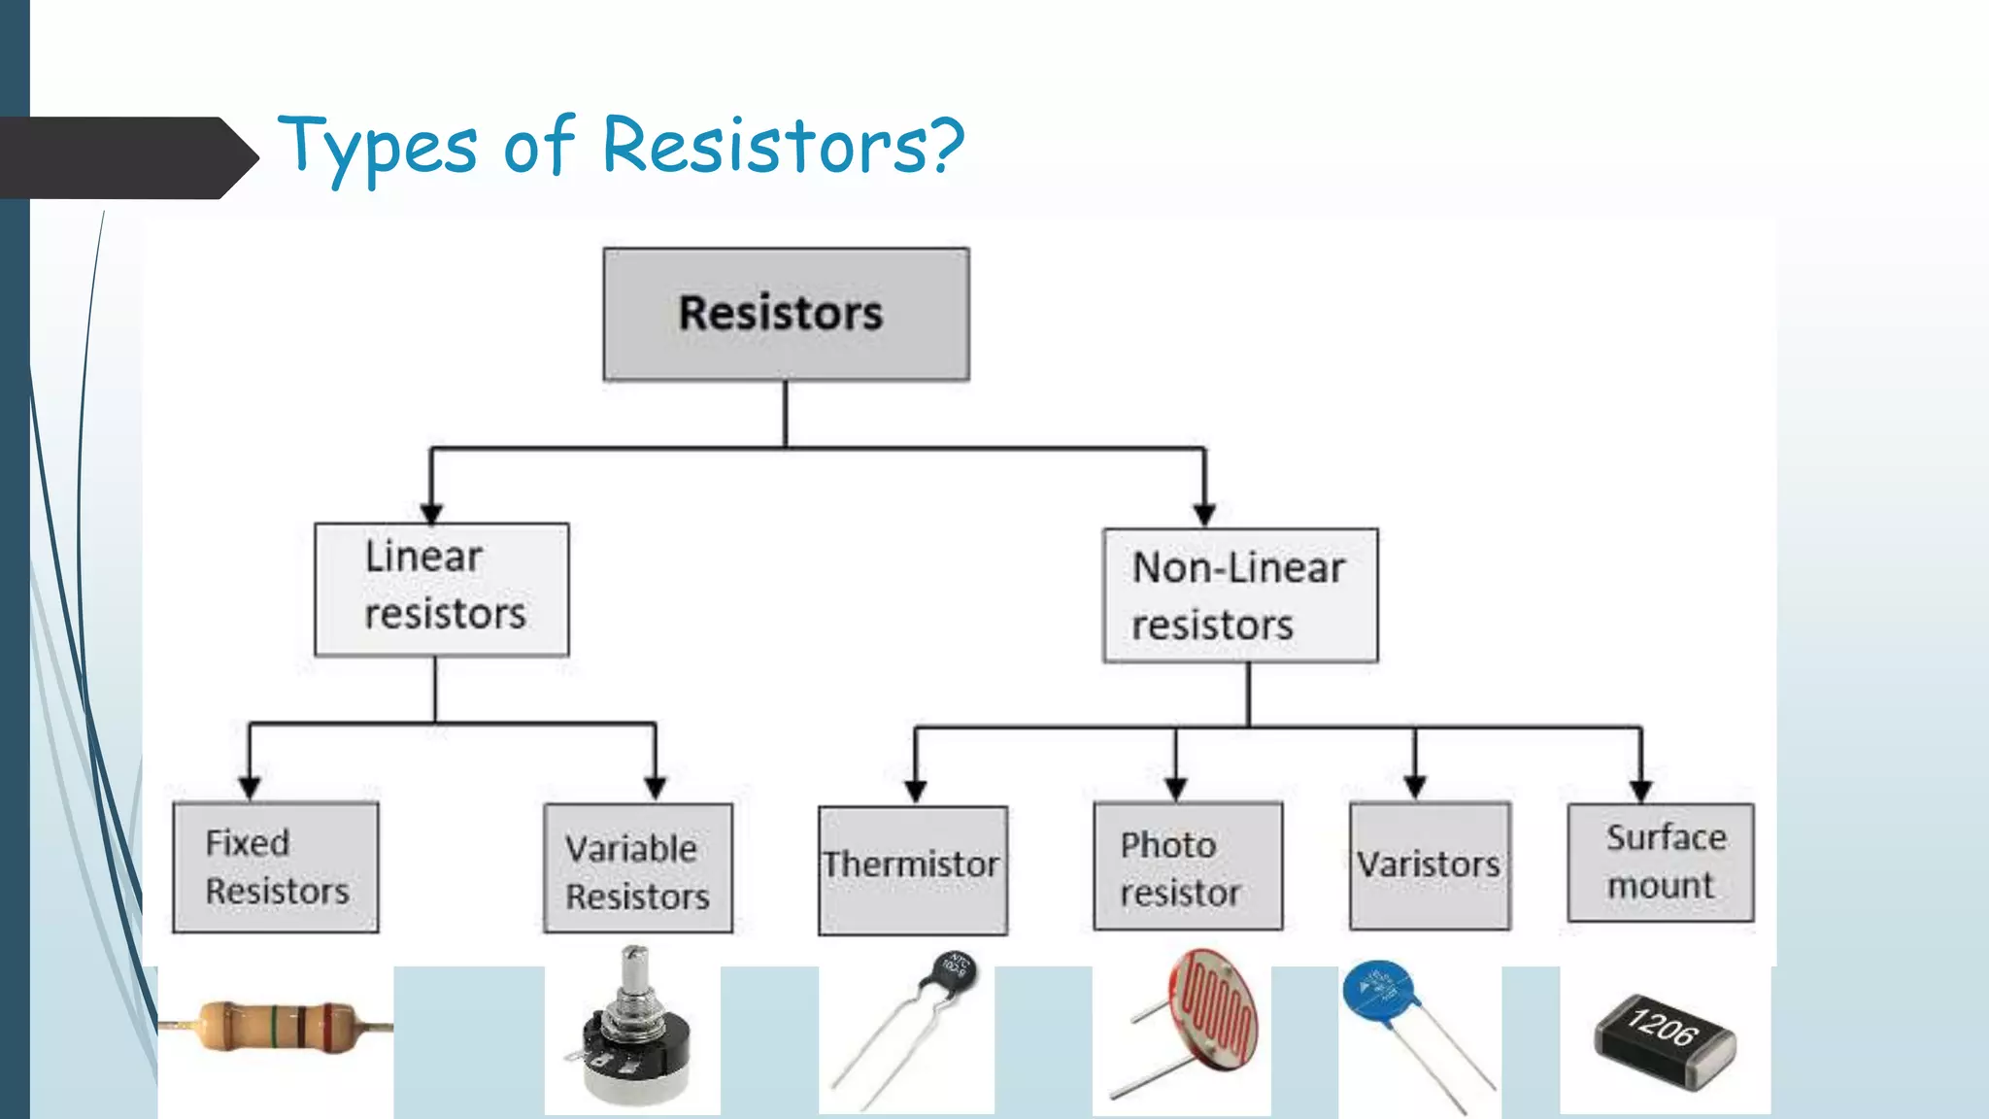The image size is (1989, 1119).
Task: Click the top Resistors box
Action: pyautogui.click(x=786, y=314)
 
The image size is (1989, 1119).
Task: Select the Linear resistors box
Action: pyautogui.click(x=442, y=589)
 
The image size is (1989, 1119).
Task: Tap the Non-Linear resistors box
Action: pyautogui.click(x=1240, y=595)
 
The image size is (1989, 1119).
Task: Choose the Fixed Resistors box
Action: pyautogui.click(x=276, y=866)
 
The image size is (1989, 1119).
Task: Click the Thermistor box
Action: pyautogui.click(x=913, y=869)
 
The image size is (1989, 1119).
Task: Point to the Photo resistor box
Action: pyautogui.click(x=1188, y=866)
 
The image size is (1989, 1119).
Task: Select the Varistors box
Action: pyautogui.click(x=1430, y=865)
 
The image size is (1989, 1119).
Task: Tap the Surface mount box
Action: pyautogui.click(x=1661, y=863)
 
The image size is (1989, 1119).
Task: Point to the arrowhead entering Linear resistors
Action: pyautogui.click(x=431, y=513)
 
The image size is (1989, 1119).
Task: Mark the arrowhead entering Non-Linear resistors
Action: pyautogui.click(x=1204, y=514)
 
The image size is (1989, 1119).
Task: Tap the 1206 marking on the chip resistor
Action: pyautogui.click(x=1664, y=1026)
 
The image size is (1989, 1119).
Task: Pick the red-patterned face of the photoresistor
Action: pyautogui.click(x=1215, y=1009)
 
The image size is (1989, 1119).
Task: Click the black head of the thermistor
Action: pyautogui.click(x=954, y=969)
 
